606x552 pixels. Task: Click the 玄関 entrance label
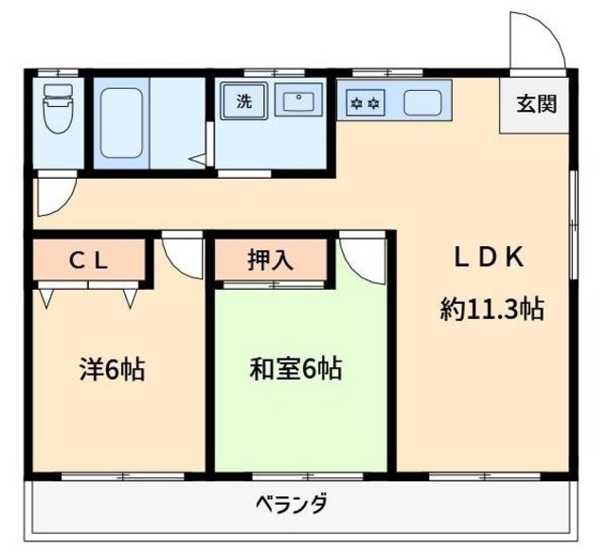click(536, 105)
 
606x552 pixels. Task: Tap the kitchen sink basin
click(421, 101)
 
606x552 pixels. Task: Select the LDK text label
click(488, 258)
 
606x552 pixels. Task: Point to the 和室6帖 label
click(295, 367)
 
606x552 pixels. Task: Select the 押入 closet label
click(270, 261)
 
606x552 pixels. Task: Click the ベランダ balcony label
click(292, 503)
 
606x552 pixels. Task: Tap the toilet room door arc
click(52, 196)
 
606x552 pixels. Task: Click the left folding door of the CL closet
click(46, 298)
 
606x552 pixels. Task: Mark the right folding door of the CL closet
click(131, 298)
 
